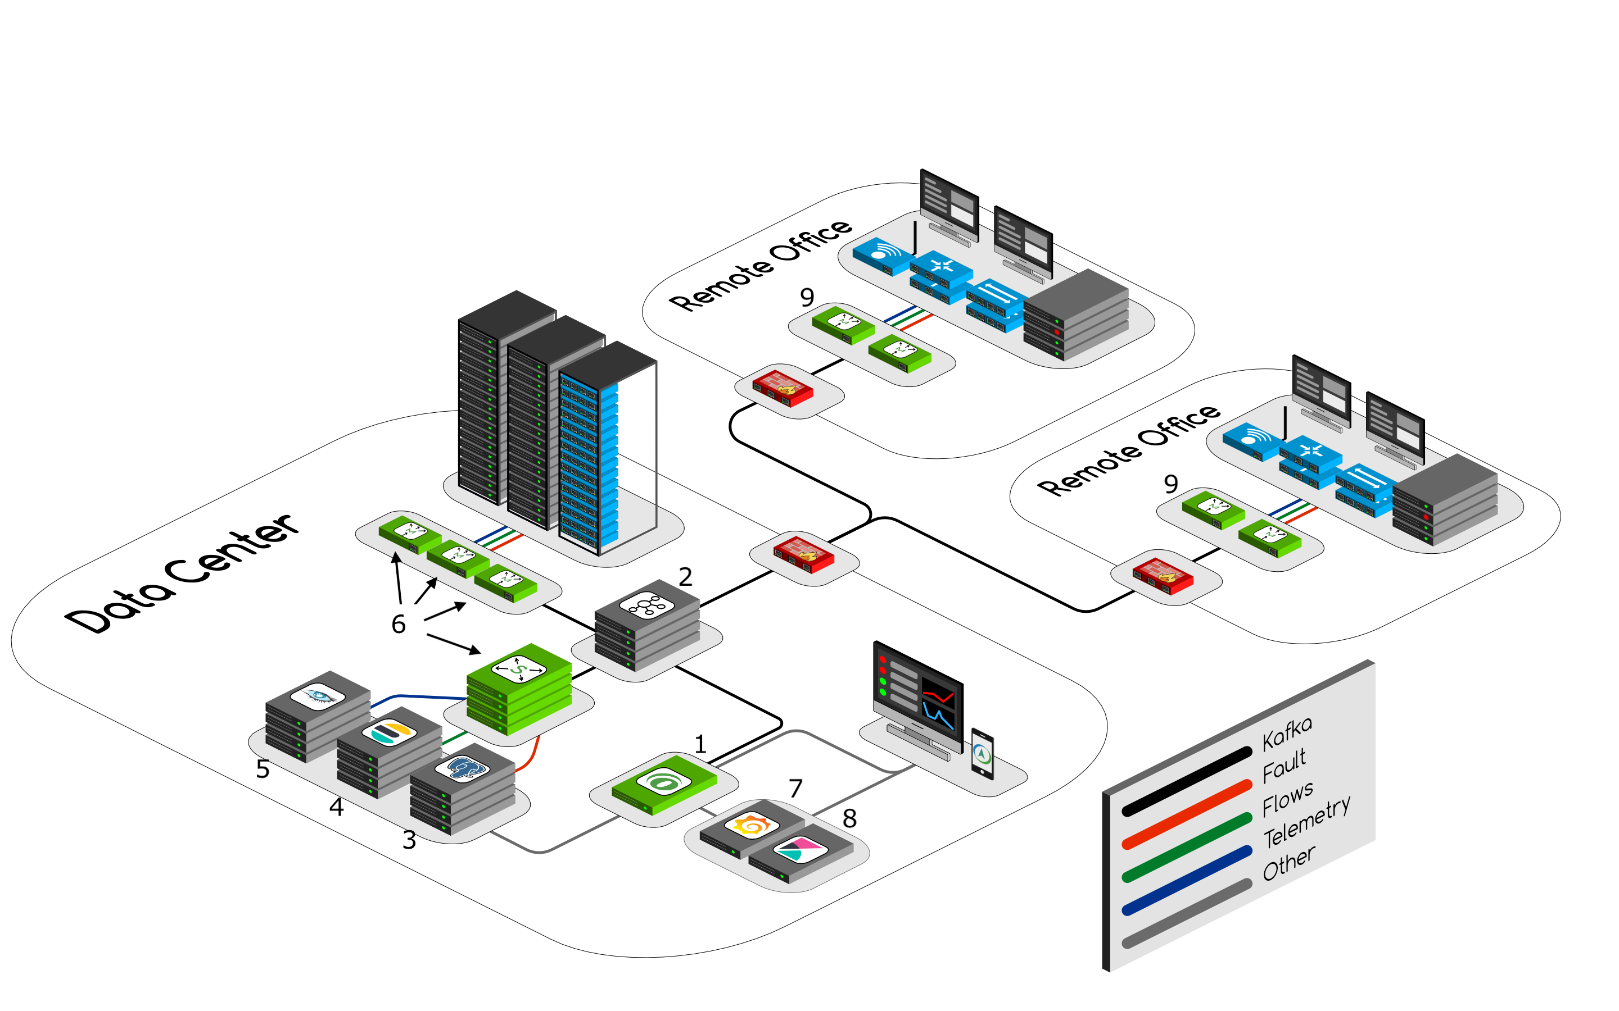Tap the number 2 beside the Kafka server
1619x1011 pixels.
click(x=685, y=577)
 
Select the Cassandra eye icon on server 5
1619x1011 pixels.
click(x=318, y=695)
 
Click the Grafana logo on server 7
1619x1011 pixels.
click(x=751, y=826)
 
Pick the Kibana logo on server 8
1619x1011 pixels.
click(x=800, y=850)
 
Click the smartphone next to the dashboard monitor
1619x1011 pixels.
click(x=982, y=754)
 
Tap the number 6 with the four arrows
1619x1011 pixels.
click(x=399, y=625)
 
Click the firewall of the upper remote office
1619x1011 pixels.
click(x=782, y=387)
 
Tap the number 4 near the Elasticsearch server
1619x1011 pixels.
click(x=337, y=808)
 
